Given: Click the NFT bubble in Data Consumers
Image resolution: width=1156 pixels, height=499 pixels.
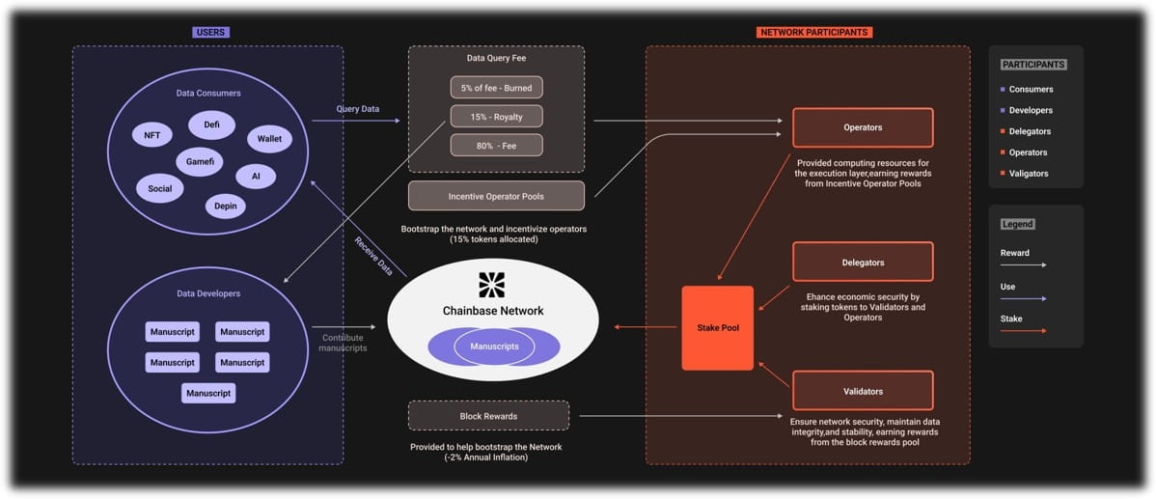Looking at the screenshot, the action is [x=151, y=135].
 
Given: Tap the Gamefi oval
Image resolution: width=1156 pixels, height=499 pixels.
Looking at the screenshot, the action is [x=199, y=161].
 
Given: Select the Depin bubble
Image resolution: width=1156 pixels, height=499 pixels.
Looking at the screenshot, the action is [x=226, y=206].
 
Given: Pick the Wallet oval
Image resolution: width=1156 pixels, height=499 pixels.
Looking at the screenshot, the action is [x=269, y=138].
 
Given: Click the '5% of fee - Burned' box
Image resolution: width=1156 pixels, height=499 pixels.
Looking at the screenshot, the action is [x=496, y=87].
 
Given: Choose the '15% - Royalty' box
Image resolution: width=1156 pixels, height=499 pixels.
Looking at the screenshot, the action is [x=496, y=117].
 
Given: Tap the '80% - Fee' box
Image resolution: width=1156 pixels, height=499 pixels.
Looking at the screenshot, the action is [x=496, y=145].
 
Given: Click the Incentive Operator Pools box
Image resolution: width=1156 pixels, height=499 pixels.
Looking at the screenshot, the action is [x=496, y=196].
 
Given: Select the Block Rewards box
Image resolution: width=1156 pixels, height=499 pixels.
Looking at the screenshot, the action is [x=489, y=416].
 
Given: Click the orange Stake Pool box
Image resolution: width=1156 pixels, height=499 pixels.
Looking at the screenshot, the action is [x=717, y=328].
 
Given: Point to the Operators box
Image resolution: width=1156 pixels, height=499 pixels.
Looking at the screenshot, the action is [x=863, y=127].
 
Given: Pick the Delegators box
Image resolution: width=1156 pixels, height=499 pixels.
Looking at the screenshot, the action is [x=863, y=262].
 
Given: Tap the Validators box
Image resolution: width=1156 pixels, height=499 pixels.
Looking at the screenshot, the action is [x=863, y=391].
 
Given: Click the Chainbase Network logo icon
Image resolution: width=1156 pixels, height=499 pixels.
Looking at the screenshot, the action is [x=492, y=285].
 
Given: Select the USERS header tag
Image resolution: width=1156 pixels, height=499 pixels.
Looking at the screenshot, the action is [x=211, y=33].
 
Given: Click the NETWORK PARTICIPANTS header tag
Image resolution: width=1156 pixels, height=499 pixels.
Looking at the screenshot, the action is [x=814, y=33].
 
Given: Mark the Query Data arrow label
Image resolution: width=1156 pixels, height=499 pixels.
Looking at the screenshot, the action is [x=358, y=109].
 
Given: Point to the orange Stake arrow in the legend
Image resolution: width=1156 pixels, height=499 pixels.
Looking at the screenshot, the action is [x=1023, y=331].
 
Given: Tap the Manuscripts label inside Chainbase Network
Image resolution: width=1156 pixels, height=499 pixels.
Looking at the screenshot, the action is [x=494, y=346].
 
